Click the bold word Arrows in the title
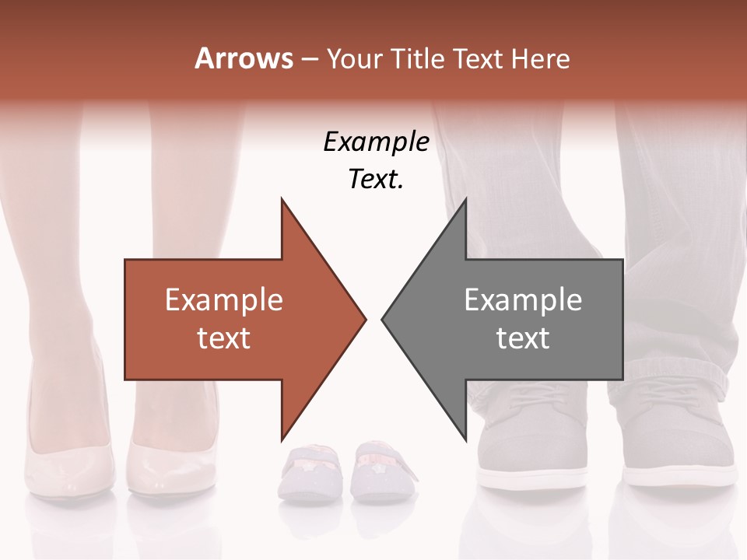point(243,58)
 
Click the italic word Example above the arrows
point(376,142)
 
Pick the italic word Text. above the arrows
point(376,179)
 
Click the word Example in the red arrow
point(224,299)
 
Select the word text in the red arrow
point(224,338)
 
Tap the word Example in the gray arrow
point(523,299)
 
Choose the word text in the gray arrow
point(523,338)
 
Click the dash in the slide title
point(309,59)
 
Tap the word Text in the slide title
point(479,58)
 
